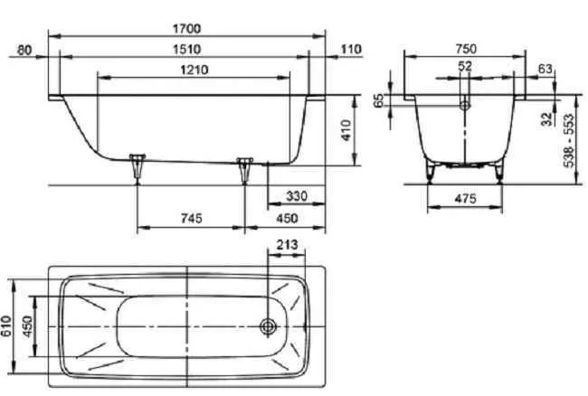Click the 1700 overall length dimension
[x=185, y=28]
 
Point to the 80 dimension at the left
[x=24, y=49]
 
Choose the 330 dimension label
[x=296, y=195]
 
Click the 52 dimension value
[x=464, y=68]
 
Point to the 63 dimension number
[x=545, y=68]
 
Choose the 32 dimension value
[x=546, y=118]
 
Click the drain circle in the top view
[x=269, y=326]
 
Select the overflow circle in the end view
[x=465, y=106]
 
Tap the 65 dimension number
[x=379, y=99]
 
